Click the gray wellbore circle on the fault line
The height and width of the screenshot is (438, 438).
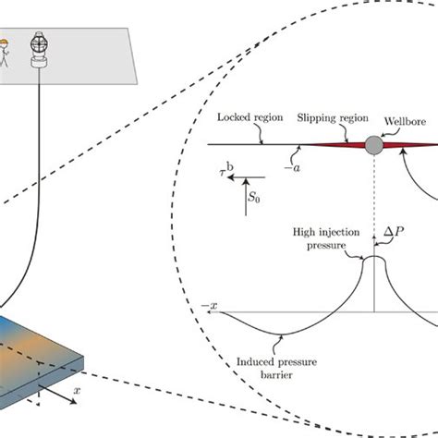tap(373, 145)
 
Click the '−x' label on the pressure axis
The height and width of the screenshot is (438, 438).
tap(214, 304)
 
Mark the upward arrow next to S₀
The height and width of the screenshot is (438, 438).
tap(245, 199)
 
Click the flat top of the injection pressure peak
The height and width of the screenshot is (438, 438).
tap(373, 259)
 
